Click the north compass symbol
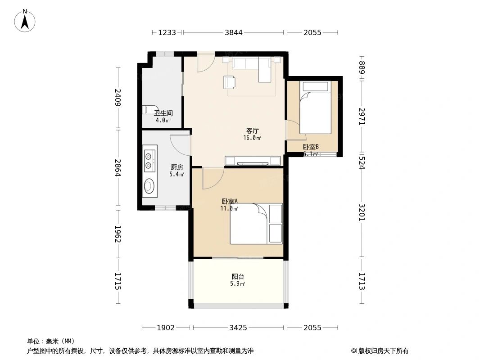click(25, 20)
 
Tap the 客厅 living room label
click(252, 131)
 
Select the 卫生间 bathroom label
click(163, 113)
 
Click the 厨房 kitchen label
click(177, 167)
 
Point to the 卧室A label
click(230, 202)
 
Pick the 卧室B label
click(311, 147)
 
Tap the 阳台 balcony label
click(238, 277)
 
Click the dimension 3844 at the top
click(234, 32)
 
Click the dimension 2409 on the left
click(118, 98)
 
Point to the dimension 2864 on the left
click(118, 168)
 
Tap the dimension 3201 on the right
click(362, 212)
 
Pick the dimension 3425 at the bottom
click(238, 328)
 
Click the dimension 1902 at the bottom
click(166, 328)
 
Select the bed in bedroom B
click(316, 108)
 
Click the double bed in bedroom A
click(256, 224)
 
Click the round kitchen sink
click(149, 185)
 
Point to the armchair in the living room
click(229, 82)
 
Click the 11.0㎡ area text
click(229, 208)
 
